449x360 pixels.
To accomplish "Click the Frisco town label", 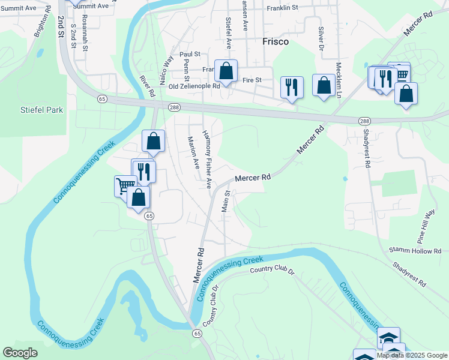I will (276, 42).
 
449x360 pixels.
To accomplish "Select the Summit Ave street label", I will (91, 5).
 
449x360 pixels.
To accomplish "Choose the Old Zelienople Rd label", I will (194, 86).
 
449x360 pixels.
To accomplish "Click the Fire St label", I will (253, 80).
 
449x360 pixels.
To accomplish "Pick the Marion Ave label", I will (193, 152).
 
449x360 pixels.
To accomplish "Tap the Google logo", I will (20, 353).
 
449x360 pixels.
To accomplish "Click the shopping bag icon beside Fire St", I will (226, 71).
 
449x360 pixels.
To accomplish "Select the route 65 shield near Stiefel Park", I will (103, 98).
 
